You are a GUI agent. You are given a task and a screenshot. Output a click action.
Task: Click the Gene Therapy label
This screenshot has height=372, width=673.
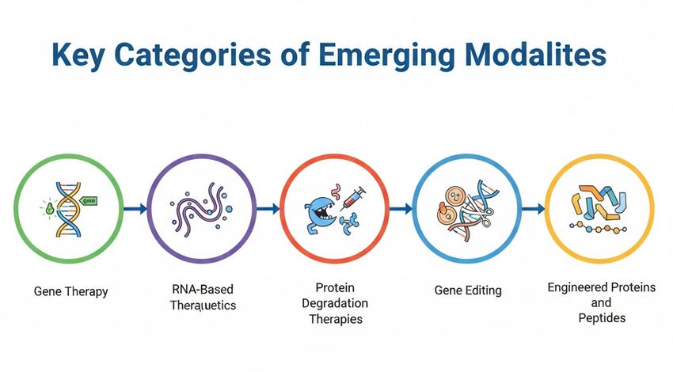pos(70,291)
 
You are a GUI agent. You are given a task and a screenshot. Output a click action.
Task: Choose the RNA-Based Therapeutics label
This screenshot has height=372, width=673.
pos(203,297)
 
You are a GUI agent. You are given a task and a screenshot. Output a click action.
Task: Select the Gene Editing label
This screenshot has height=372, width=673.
pos(468,290)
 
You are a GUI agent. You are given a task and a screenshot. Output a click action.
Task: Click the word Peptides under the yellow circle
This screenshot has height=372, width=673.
pos(601,317)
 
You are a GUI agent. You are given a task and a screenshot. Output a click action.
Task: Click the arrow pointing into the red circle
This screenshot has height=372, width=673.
pos(268,209)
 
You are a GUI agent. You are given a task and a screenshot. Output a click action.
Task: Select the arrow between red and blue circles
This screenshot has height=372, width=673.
pos(401,209)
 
